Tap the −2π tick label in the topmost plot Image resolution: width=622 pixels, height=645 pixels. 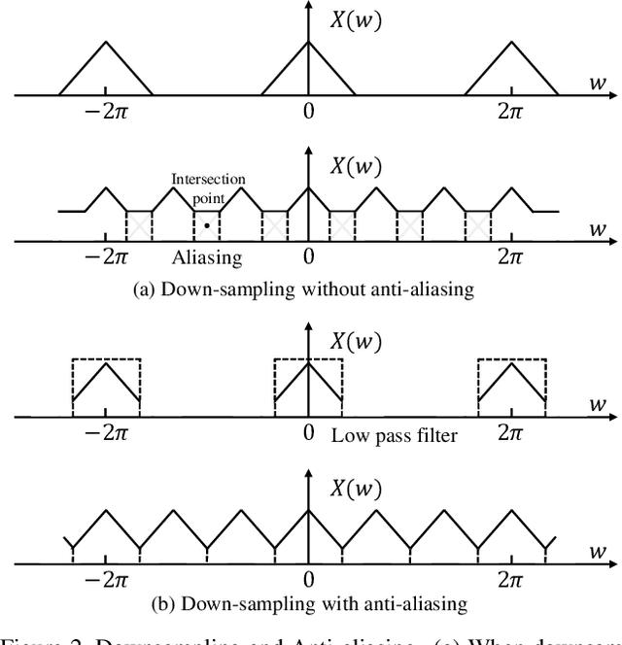(106, 112)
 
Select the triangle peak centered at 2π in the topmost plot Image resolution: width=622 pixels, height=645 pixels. (511, 43)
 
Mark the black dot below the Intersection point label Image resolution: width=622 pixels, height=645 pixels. (205, 224)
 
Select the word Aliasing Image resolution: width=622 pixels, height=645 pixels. (206, 256)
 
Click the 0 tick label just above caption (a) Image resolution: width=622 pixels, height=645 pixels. (308, 256)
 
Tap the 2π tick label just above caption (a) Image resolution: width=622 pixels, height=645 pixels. (511, 256)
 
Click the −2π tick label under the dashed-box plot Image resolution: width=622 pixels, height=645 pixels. (106, 433)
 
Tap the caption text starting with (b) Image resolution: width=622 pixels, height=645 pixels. (309, 603)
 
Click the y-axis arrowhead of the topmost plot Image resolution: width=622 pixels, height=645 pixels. (308, 8)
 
